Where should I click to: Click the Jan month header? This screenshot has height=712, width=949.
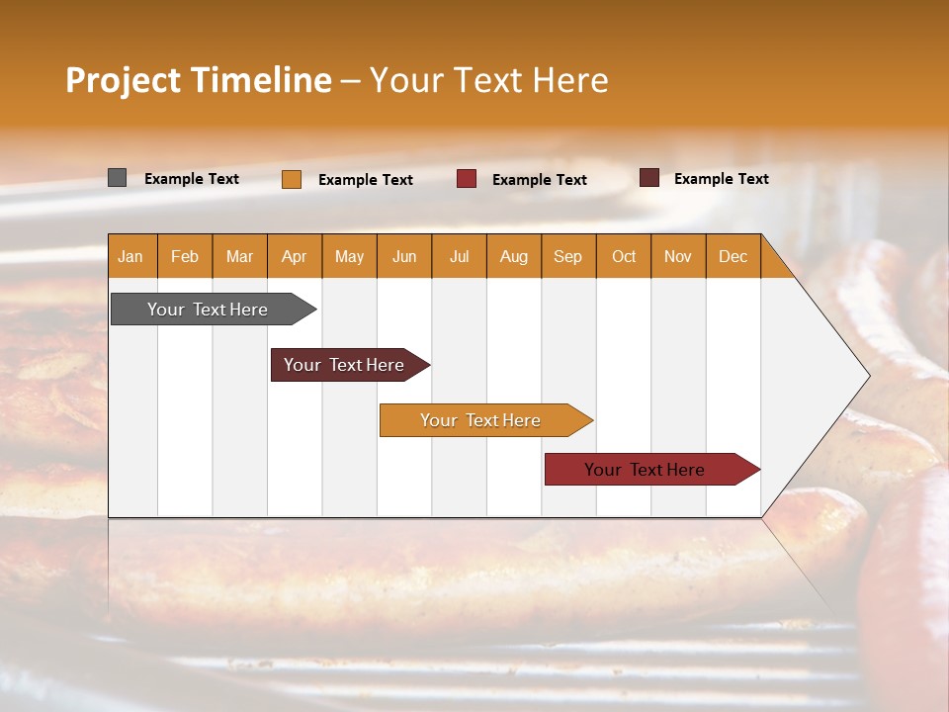click(x=130, y=256)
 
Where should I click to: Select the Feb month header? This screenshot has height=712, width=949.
click(x=185, y=256)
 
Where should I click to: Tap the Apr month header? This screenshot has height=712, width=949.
click(x=294, y=256)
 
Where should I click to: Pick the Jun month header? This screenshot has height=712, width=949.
click(x=404, y=256)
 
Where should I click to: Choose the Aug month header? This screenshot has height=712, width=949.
click(x=513, y=256)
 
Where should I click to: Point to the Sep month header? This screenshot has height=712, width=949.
click(x=567, y=256)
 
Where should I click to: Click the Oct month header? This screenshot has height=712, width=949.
click(x=624, y=256)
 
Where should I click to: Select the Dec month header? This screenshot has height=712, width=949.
click(x=733, y=256)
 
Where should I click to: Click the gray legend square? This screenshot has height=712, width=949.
click(x=118, y=178)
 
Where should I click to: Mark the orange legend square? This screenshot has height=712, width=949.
click(x=292, y=179)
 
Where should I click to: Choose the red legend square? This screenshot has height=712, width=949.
click(x=467, y=179)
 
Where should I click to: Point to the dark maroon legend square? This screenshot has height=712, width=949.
click(x=649, y=178)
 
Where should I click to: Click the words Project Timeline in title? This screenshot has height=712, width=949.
click(x=198, y=80)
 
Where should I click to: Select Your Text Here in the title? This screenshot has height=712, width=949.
click(x=488, y=80)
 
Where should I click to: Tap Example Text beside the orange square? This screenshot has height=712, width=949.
click(x=365, y=180)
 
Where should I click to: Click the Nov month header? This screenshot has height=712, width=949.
click(x=677, y=256)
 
